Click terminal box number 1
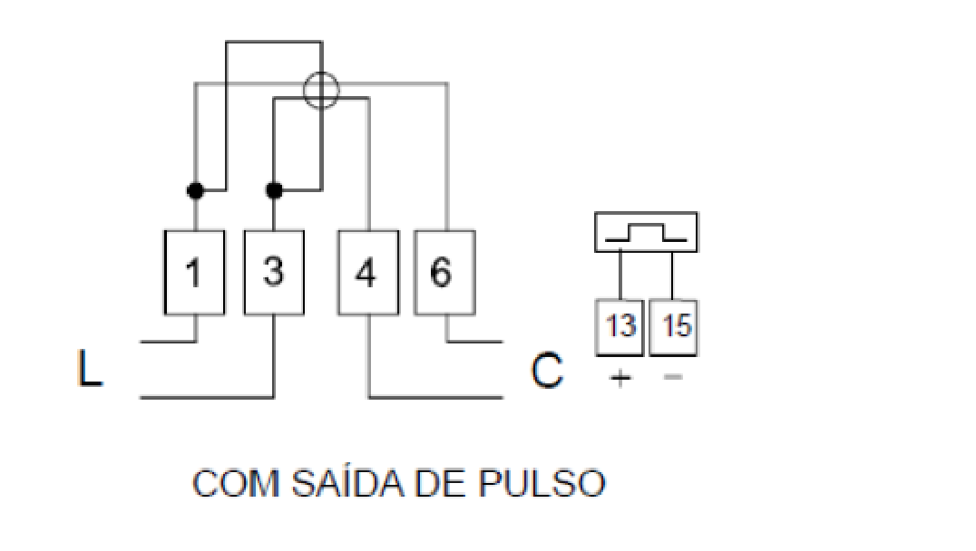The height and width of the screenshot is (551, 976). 194,273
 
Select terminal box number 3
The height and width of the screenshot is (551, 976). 274,273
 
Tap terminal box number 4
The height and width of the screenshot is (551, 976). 368,273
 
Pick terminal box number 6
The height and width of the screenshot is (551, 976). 445,273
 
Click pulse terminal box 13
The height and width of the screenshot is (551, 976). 620,328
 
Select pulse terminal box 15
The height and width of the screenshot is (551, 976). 673,328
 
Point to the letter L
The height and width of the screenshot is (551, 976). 89,368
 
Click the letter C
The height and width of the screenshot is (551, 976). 547,371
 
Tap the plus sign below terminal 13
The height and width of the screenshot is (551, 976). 620,378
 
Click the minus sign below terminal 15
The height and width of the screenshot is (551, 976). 673,376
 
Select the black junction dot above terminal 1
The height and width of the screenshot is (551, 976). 195,190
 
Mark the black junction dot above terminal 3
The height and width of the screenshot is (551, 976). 274,190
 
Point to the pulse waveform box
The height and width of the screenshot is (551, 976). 646,213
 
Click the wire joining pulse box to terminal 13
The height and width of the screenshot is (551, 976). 620,275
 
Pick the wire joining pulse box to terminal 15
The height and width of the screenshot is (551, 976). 672,275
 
